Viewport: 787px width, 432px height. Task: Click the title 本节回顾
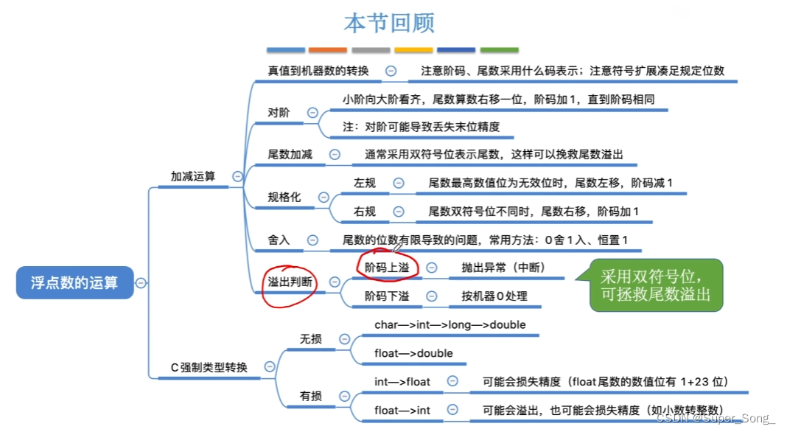click(x=389, y=23)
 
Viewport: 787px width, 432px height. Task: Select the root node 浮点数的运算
click(x=74, y=282)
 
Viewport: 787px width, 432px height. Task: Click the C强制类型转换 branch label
click(x=209, y=367)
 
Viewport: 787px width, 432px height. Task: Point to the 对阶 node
click(x=279, y=113)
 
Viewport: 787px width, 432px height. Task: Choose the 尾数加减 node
click(x=290, y=155)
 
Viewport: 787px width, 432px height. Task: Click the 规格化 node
click(x=284, y=197)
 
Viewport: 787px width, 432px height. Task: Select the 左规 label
click(x=365, y=182)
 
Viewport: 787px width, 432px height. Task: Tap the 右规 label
click(x=365, y=212)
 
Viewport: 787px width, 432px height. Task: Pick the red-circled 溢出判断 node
click(x=290, y=282)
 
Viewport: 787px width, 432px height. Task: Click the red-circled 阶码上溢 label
click(x=387, y=267)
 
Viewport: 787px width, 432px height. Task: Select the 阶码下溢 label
click(x=387, y=296)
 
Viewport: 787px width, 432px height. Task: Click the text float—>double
click(x=413, y=353)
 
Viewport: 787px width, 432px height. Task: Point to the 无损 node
click(x=310, y=338)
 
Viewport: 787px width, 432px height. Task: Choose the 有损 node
click(x=310, y=396)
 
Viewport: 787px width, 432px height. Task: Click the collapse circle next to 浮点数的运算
click(x=141, y=282)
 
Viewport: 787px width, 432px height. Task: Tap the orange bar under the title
click(x=328, y=50)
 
